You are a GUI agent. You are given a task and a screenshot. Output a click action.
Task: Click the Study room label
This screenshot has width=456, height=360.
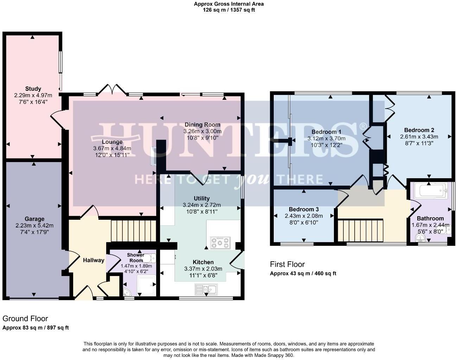pos(33,89)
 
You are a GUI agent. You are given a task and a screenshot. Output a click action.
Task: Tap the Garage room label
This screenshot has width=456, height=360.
pos(34,219)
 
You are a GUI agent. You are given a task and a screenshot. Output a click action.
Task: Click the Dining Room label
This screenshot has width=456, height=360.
pos(202,124)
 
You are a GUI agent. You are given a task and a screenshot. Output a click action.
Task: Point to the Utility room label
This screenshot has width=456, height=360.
pos(202,198)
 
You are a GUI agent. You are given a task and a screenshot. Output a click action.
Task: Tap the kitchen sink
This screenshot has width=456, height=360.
pos(206,289)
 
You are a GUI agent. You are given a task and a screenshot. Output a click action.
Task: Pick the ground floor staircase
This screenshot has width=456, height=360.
pos(133,230)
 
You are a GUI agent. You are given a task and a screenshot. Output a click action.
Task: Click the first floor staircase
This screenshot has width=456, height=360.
pos(360,230)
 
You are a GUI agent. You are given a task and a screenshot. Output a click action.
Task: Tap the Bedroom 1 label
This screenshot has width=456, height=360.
pos(326,132)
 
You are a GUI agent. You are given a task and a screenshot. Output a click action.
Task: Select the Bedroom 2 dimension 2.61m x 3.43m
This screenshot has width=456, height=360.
pos(419,136)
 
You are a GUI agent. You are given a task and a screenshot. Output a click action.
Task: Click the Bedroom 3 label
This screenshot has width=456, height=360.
pos(302,209)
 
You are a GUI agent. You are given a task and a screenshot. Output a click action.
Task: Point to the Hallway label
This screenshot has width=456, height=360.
pos(94,260)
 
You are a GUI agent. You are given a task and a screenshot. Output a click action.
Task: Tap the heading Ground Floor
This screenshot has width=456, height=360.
pos(25,319)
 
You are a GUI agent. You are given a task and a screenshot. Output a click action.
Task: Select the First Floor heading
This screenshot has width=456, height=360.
pos(287,264)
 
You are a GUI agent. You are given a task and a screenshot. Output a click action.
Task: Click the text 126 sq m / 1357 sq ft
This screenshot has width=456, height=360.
pos(229,10)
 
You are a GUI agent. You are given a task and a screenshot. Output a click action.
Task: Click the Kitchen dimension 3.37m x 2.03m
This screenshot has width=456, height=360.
pos(203,269)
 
